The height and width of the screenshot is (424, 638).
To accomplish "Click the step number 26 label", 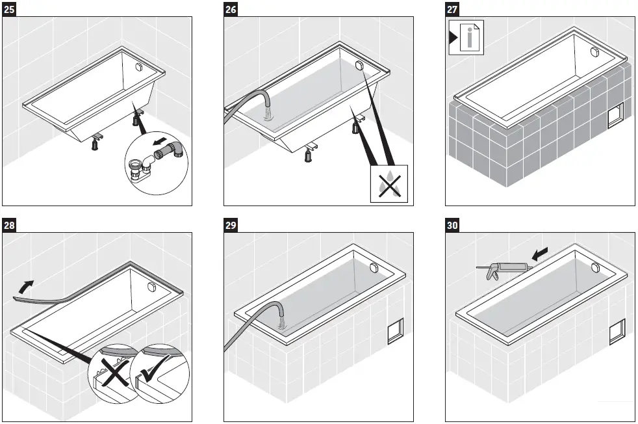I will click(231, 10).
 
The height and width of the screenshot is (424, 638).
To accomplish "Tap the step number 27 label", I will click(452, 10).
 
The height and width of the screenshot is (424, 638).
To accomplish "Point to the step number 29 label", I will click(231, 226).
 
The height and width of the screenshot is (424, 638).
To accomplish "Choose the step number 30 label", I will click(452, 226).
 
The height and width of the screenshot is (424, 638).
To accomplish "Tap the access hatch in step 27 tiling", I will click(613, 117).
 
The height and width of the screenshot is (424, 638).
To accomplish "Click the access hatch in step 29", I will click(394, 332).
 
